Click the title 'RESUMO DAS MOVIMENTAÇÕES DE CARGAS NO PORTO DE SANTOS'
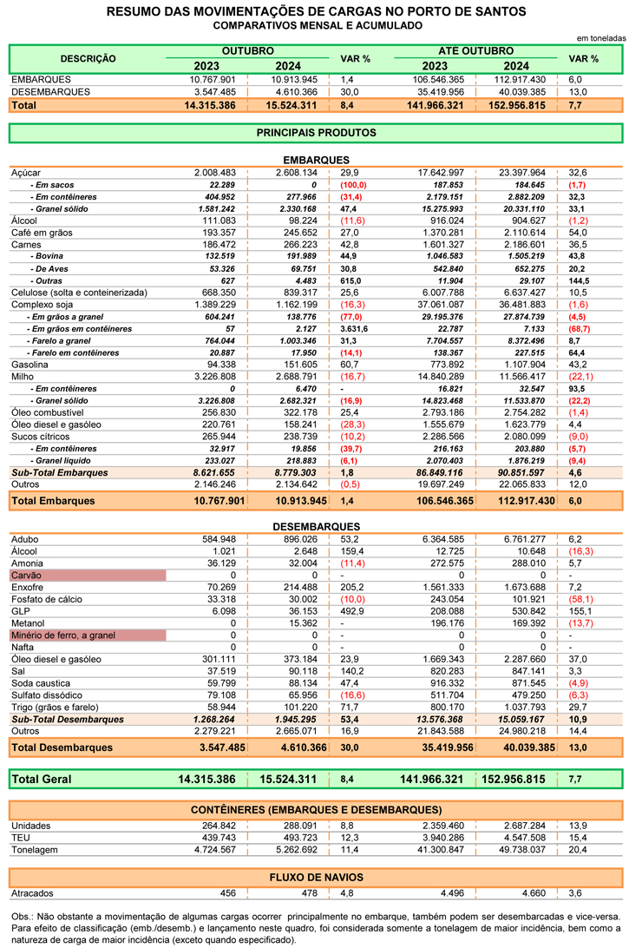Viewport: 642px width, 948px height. click(x=316, y=11)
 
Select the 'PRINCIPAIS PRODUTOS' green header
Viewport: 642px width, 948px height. click(x=316, y=133)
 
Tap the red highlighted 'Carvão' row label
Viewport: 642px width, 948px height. click(x=27, y=576)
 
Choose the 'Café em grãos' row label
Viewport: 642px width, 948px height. click(x=41, y=234)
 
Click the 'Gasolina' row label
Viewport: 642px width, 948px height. click(x=31, y=365)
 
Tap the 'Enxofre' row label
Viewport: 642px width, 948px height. click(x=29, y=588)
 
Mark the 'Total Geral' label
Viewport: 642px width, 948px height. click(x=42, y=780)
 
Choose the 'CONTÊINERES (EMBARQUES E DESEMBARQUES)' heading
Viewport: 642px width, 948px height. click(x=316, y=809)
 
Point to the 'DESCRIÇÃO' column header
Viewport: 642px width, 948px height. click(x=88, y=59)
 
